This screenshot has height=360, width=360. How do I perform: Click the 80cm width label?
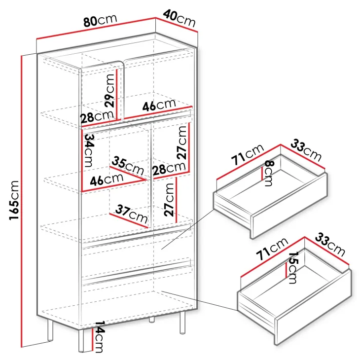[100, 21]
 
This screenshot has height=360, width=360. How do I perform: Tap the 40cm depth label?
[180, 18]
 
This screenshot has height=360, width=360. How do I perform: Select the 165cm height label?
[14, 200]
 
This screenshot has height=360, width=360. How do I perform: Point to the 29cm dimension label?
[109, 91]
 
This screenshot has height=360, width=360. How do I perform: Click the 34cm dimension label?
[89, 150]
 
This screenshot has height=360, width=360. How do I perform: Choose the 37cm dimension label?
[131, 214]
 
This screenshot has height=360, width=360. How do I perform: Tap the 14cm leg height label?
[99, 336]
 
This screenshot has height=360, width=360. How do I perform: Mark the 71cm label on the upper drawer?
[248, 154]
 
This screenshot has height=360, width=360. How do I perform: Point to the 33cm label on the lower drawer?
[330, 245]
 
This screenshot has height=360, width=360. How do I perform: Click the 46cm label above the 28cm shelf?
[159, 106]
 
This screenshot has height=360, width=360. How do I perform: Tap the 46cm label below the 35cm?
[107, 180]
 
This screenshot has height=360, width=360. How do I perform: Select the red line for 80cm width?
[96, 29]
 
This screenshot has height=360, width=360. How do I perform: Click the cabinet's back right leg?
[182, 323]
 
